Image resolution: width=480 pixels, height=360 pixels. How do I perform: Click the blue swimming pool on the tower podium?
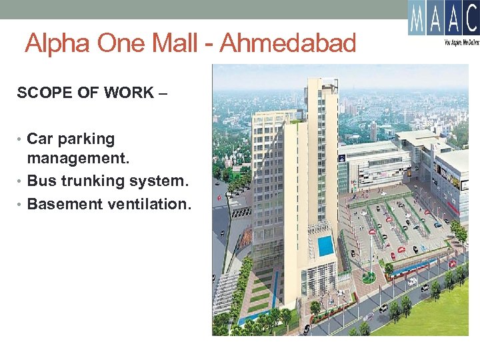coord(325,245)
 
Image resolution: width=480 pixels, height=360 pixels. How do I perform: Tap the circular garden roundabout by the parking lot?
coord(368,276)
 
